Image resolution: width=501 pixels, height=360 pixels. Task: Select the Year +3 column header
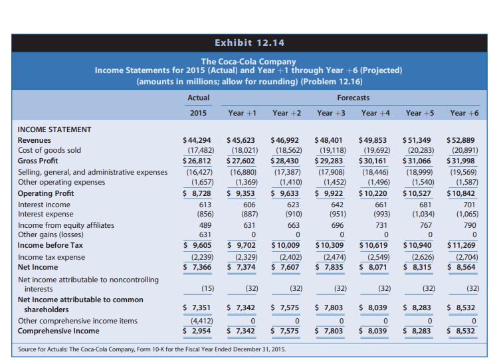332,113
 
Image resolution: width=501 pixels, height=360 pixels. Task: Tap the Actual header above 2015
198,98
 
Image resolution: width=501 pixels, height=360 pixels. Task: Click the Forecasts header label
353,98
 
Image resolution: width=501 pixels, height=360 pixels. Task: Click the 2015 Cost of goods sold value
198,151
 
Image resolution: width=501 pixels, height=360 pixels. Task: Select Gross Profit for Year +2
286,161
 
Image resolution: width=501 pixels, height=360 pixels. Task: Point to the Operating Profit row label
46,193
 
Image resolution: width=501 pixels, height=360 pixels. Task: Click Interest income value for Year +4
377,205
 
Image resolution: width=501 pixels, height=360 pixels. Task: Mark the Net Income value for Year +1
241,266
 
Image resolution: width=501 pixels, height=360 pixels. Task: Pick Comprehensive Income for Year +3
330,331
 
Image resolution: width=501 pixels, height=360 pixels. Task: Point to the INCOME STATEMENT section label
54,130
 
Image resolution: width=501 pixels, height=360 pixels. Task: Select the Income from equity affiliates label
66,225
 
